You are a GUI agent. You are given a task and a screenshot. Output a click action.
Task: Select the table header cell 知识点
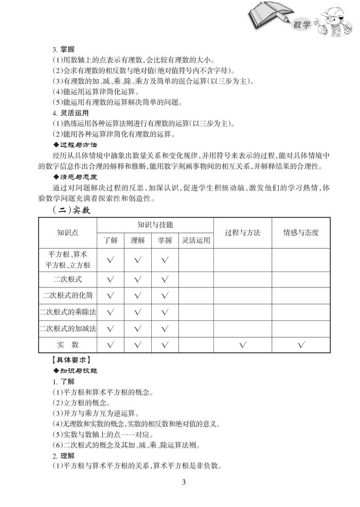(67, 232)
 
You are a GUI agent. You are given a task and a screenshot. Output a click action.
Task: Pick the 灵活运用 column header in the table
(196, 240)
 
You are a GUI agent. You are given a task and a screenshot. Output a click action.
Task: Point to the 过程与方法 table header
(243, 232)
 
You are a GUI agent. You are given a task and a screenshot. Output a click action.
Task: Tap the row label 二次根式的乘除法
(67, 312)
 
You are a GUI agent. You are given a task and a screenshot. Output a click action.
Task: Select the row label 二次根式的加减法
(67, 328)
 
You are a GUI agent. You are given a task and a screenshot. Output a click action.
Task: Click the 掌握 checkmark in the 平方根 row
(165, 260)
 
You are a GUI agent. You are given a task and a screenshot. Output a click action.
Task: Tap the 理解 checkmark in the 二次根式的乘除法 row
(137, 312)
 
